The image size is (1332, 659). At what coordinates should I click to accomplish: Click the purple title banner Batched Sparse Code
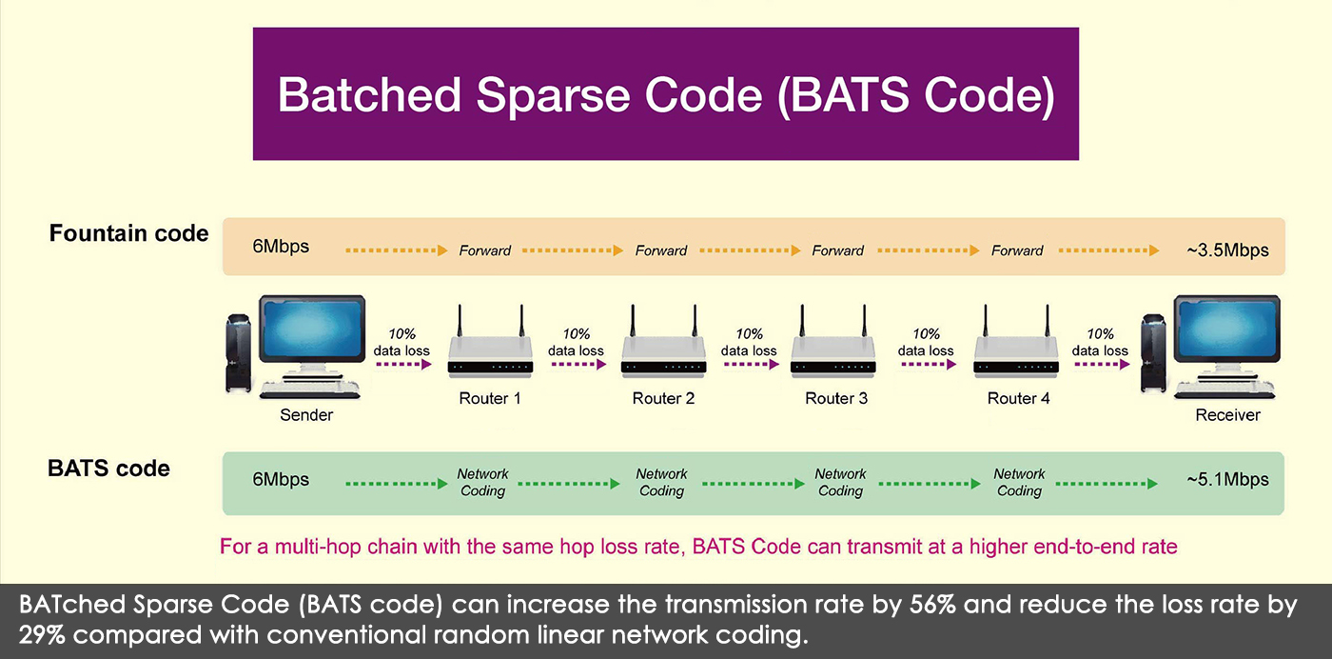pyautogui.click(x=665, y=93)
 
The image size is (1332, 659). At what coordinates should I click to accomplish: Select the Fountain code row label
pyautogui.click(x=128, y=233)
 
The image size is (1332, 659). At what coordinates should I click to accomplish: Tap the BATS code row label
pyautogui.click(x=108, y=469)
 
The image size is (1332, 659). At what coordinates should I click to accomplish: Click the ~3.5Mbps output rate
pyautogui.click(x=1227, y=250)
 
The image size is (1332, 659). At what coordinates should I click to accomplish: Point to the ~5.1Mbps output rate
pyautogui.click(x=1227, y=480)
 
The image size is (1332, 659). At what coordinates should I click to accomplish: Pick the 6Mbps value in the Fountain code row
pyautogui.click(x=281, y=247)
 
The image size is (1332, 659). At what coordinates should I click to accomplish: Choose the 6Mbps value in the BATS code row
pyautogui.click(x=281, y=480)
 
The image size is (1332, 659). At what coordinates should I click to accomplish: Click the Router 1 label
pyautogui.click(x=489, y=398)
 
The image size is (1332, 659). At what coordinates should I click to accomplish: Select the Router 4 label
pyautogui.click(x=1018, y=398)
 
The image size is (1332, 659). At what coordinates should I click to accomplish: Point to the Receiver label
pyautogui.click(x=1227, y=415)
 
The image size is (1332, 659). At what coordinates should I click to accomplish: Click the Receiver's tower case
pyautogui.click(x=1153, y=353)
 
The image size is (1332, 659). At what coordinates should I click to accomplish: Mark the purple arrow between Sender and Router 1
pyautogui.click(x=403, y=365)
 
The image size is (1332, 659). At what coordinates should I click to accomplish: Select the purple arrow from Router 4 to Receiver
pyautogui.click(x=1102, y=365)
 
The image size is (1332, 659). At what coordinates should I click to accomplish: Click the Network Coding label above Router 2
pyautogui.click(x=661, y=482)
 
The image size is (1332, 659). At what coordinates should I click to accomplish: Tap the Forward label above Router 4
pyautogui.click(x=1017, y=250)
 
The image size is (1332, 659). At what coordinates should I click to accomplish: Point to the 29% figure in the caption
pyautogui.click(x=42, y=634)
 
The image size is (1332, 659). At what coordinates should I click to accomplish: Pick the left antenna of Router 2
pyautogui.click(x=633, y=322)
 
